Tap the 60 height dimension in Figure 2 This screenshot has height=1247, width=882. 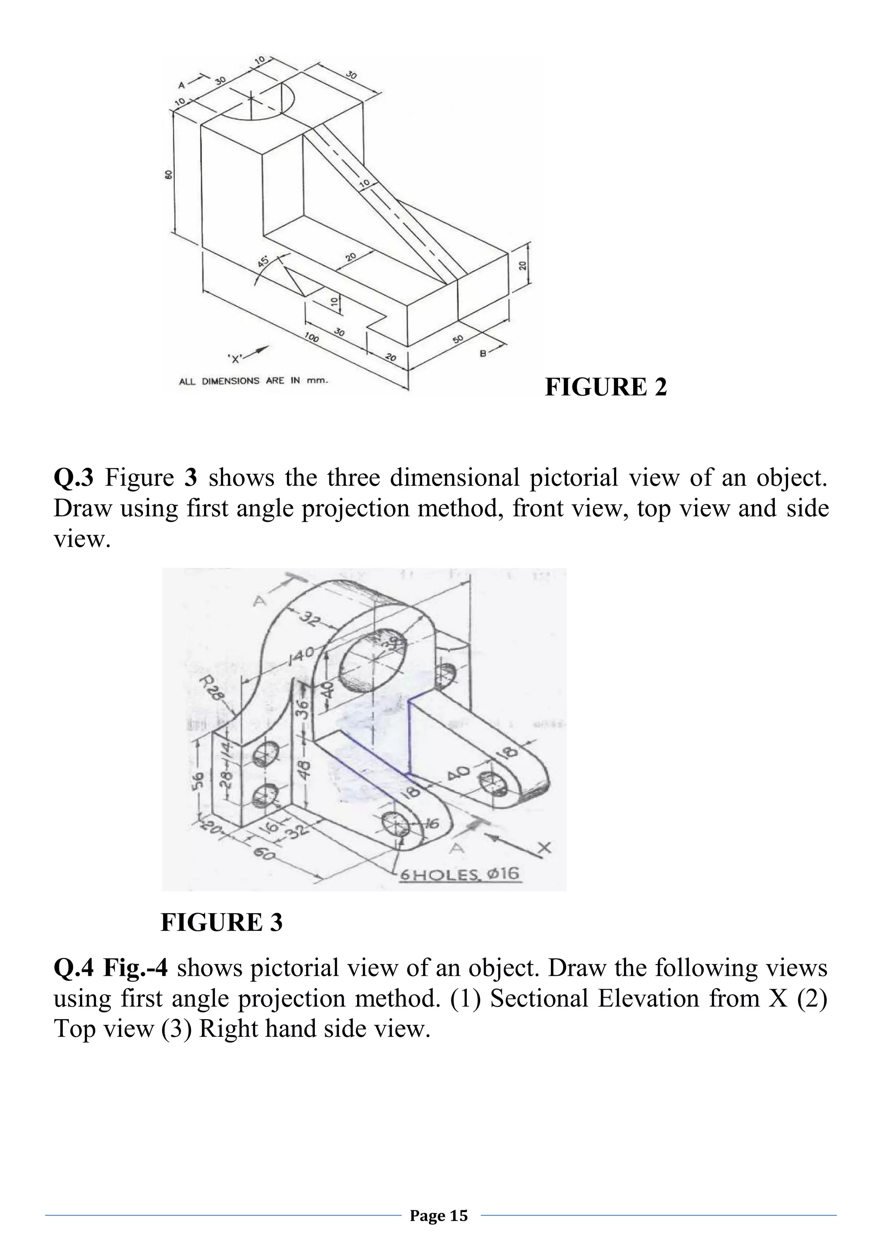point(168,174)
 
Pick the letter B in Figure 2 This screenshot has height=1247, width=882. point(482,353)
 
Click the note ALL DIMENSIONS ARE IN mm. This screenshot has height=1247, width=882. point(254,381)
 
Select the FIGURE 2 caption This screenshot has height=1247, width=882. point(606,387)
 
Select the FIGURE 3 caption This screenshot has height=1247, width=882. point(222,923)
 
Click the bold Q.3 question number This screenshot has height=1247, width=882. point(73,478)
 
